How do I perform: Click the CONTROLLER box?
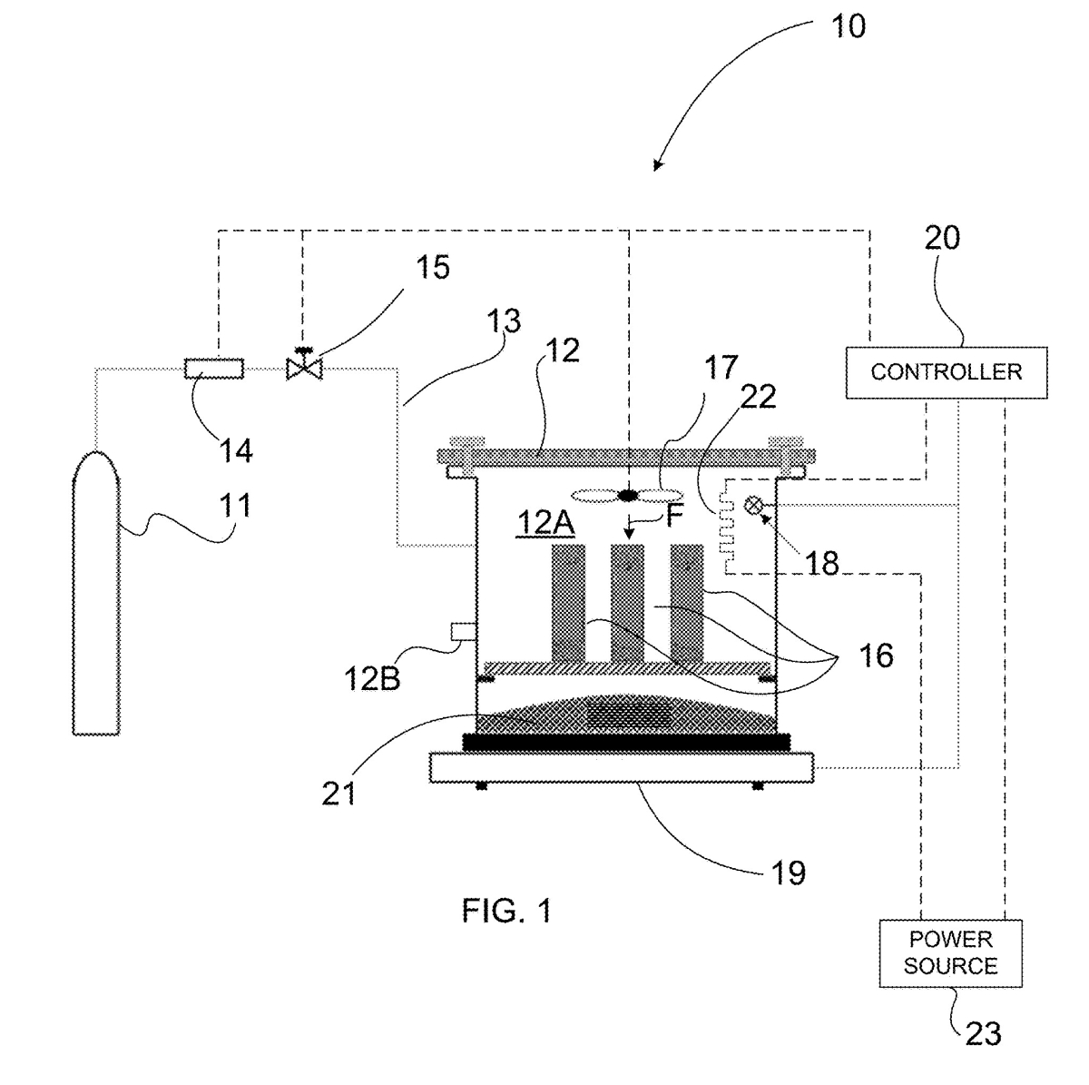click(x=946, y=372)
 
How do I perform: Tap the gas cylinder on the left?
click(x=96, y=593)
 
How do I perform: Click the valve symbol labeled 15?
click(x=304, y=367)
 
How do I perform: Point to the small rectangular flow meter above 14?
click(x=214, y=369)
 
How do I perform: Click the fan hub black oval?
click(x=627, y=496)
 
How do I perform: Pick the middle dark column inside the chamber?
click(x=627, y=603)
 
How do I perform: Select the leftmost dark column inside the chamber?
click(x=568, y=603)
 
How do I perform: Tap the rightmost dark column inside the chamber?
click(x=687, y=603)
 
